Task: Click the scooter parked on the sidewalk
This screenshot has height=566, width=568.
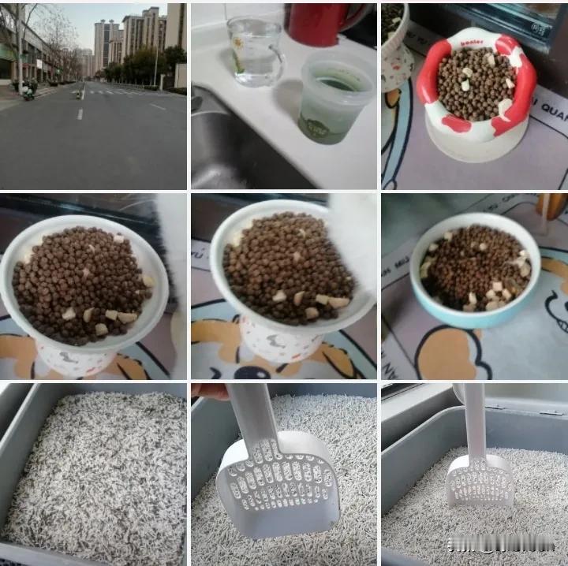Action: (28, 91)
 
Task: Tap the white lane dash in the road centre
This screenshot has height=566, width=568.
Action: (80, 114)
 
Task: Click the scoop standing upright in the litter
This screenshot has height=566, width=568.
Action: (478, 457)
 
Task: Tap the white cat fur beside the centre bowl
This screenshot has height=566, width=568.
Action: (355, 236)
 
